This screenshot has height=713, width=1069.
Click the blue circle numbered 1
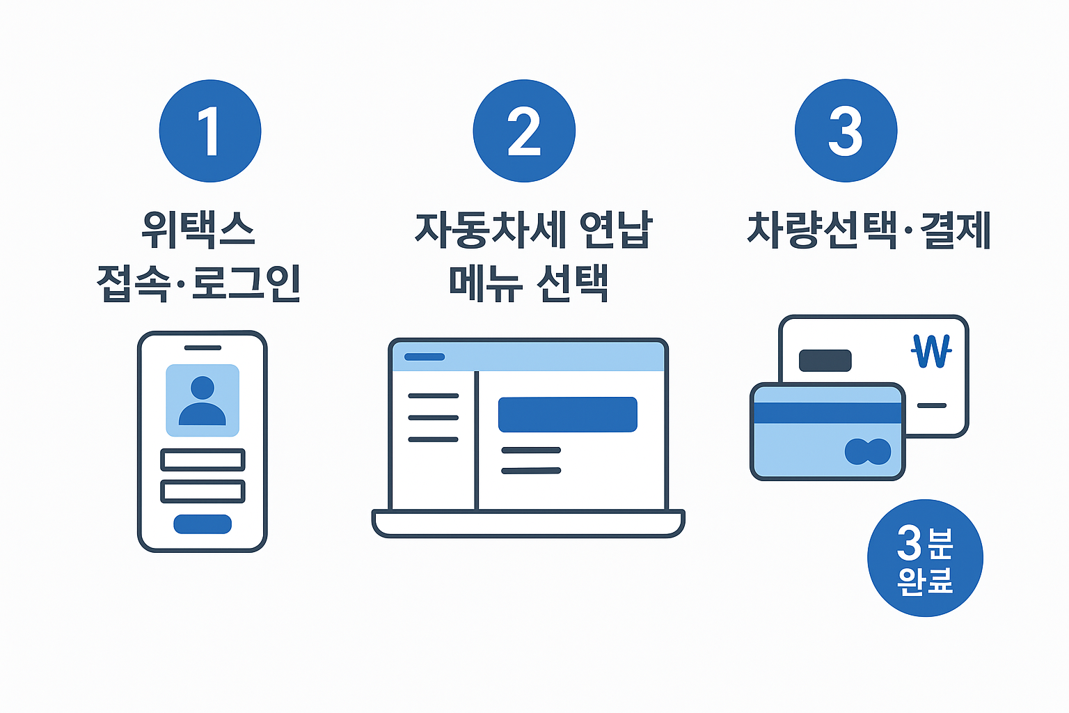tap(210, 131)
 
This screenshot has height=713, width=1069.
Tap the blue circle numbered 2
tap(524, 131)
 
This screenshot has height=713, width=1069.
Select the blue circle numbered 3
tap(846, 131)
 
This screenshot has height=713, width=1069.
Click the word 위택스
tap(198, 230)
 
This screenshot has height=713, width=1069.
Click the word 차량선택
tap(821, 230)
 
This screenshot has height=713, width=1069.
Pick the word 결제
tap(955, 230)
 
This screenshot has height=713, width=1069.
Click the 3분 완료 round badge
tap(925, 558)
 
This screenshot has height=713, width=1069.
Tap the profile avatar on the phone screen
tap(203, 400)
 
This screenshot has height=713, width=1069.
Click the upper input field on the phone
tap(203, 460)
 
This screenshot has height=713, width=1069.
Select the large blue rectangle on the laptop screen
tap(567, 414)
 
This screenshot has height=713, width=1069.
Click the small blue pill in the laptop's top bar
tap(425, 356)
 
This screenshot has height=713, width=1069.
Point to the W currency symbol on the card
tap(931, 351)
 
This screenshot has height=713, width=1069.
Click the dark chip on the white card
tap(825, 361)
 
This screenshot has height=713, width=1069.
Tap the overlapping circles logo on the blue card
tap(867, 452)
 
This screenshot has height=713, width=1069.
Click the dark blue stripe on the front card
tap(828, 413)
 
